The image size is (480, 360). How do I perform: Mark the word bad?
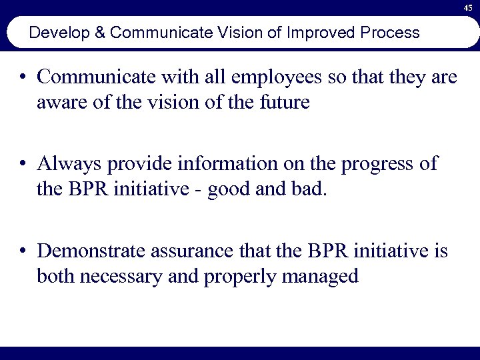pyautogui.click(x=311, y=189)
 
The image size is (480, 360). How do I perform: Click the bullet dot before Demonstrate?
pyautogui.click(x=24, y=251)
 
